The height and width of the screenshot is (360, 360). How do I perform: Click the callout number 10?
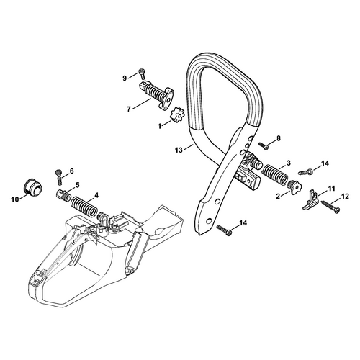click(x=15, y=199)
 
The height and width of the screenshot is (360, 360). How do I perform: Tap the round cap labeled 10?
click(x=34, y=186)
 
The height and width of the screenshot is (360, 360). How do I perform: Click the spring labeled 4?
click(x=84, y=206)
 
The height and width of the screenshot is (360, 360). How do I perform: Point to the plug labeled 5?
click(x=64, y=194)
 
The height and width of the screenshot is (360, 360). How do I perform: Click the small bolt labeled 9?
click(x=141, y=74)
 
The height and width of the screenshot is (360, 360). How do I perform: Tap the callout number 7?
click(x=129, y=109)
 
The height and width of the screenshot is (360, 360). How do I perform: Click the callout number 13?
click(x=179, y=150)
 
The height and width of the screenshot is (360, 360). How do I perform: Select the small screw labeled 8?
click(x=264, y=146)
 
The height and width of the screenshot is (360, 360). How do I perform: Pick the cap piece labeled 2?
click(x=294, y=187)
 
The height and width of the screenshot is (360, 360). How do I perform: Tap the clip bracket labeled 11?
click(x=311, y=201)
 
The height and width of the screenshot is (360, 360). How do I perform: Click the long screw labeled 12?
click(x=330, y=207)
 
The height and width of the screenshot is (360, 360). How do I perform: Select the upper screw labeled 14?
click(x=306, y=172)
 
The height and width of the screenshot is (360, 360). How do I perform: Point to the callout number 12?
click(x=345, y=197)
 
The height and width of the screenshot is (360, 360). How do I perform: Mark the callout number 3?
click(x=289, y=163)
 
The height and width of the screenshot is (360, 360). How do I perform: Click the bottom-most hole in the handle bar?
click(x=209, y=220)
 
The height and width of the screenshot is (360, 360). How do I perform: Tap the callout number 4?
click(x=96, y=195)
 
